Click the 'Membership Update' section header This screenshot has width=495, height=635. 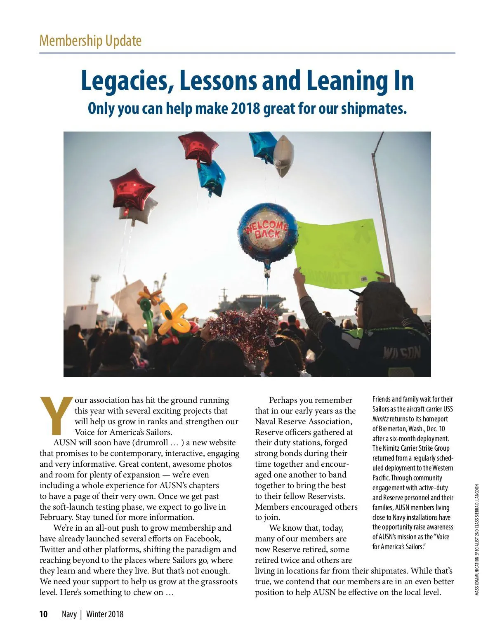pos(90,41)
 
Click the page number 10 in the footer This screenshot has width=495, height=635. pos(43,614)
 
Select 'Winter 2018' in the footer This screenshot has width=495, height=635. pos(105,614)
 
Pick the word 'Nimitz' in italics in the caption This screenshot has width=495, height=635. pos(380,419)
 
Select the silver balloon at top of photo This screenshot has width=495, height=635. pos(283,155)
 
